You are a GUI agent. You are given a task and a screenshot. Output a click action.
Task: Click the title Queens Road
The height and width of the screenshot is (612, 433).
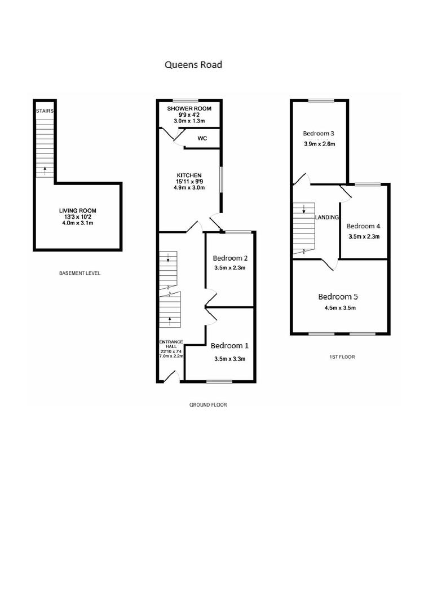[193, 65]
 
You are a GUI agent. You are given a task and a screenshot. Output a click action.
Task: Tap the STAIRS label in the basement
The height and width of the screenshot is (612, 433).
[45, 111]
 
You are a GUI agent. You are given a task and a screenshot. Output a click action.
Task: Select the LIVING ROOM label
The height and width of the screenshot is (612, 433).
[78, 211]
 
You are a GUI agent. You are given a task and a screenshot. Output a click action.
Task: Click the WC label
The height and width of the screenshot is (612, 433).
[201, 138]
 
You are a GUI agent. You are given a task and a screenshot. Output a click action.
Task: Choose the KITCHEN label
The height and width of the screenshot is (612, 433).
[189, 175]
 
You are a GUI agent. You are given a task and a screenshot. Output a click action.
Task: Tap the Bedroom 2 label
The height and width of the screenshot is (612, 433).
[230, 258]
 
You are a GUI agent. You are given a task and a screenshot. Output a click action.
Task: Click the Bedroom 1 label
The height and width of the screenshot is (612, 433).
[229, 346]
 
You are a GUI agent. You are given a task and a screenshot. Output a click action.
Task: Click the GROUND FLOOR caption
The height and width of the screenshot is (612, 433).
[208, 405]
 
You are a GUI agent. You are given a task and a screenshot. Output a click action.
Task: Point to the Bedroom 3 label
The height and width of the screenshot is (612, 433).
[319, 134]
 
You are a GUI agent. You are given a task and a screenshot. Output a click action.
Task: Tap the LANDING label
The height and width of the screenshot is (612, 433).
[327, 218]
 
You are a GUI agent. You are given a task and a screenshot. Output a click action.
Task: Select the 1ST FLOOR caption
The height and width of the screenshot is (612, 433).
[342, 357]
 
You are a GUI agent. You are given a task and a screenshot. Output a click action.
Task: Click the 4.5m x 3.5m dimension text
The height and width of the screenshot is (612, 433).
[340, 308]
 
